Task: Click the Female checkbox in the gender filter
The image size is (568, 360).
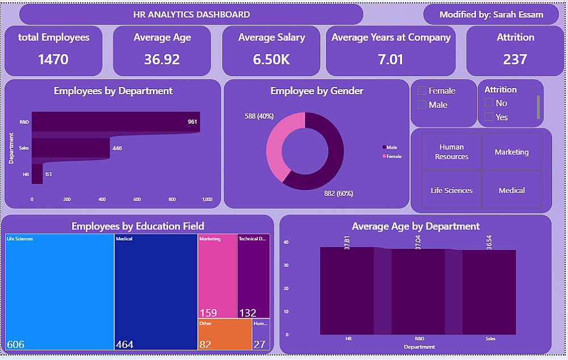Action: [422, 91]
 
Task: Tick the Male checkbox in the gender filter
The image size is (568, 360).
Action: [422, 105]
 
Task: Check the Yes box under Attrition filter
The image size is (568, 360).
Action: [488, 117]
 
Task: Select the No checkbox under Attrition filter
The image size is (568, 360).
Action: [488, 103]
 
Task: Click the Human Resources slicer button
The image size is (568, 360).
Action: [452, 152]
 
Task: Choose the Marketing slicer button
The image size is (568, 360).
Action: [511, 152]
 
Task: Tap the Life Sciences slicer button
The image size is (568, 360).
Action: [452, 190]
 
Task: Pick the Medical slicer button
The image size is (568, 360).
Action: [511, 190]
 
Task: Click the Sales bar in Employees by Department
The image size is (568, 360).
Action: [70, 148]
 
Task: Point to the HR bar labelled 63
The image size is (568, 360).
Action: [37, 174]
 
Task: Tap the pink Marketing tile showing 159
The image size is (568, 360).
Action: [218, 275]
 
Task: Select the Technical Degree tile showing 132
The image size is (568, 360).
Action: [253, 275]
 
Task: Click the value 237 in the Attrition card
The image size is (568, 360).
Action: [515, 60]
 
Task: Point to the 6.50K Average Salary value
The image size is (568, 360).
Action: [272, 60]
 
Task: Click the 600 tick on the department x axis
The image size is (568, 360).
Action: [137, 199]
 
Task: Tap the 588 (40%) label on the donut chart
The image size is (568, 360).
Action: [259, 116]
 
